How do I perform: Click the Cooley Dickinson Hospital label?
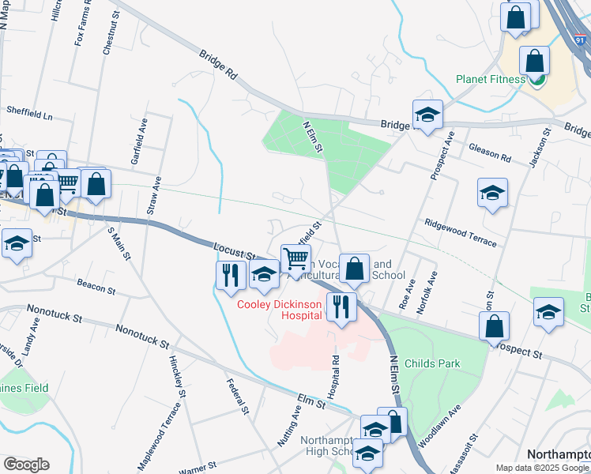(x=280, y=309)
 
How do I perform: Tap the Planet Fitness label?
(x=491, y=79)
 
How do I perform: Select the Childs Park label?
(x=431, y=363)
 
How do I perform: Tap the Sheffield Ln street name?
(x=28, y=114)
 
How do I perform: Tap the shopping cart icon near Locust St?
(x=295, y=258)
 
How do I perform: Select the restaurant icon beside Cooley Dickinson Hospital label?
(x=341, y=306)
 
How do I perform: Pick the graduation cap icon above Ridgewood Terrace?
(x=492, y=192)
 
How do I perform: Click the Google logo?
(x=26, y=465)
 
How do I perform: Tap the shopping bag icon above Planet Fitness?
(x=535, y=61)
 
